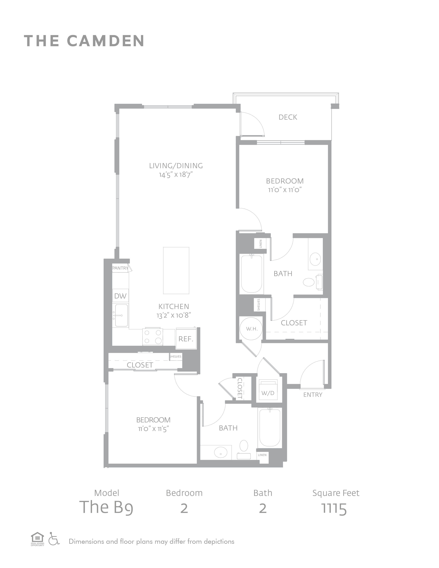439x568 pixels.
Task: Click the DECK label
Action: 288,117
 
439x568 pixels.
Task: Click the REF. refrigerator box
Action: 186,339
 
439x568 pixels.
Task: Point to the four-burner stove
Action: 153,337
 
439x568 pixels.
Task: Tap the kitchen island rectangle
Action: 176,270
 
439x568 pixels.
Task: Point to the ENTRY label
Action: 313,395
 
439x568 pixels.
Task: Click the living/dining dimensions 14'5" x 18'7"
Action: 176,175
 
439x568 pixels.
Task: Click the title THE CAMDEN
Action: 84,41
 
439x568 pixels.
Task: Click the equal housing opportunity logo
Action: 38,539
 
